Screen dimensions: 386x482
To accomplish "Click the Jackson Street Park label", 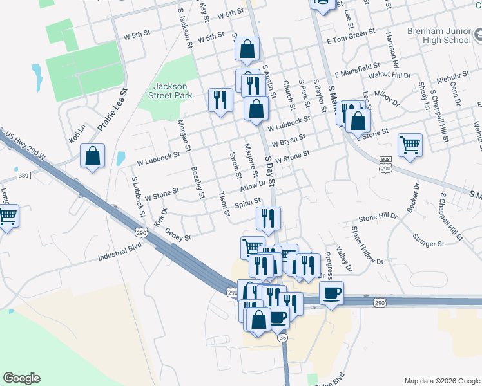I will pos(171,91).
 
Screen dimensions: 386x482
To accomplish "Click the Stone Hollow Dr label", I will pos(367,245).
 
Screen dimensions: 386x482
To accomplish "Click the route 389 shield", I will pos(23,175).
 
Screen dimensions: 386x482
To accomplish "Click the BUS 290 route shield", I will pos(385,163).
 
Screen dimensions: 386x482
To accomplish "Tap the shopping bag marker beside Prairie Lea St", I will pos(93,156).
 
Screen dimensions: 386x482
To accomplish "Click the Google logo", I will pos(21,378).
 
